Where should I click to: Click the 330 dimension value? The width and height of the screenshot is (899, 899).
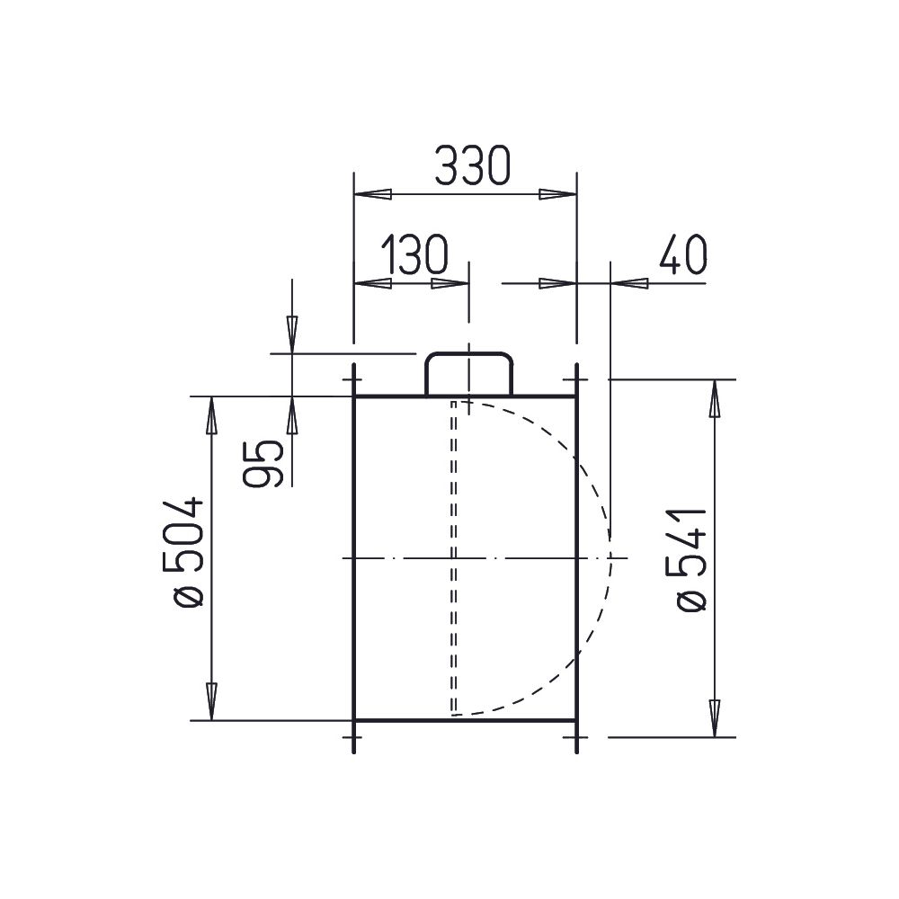[x=473, y=165]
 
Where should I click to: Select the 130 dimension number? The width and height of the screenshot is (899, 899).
[x=414, y=254]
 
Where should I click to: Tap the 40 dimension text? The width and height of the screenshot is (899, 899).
[x=683, y=254]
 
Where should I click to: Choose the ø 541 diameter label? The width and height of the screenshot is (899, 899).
[x=692, y=560]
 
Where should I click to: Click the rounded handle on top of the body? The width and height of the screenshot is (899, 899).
[x=468, y=374]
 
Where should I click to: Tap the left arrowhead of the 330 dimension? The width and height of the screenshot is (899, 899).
[x=373, y=194]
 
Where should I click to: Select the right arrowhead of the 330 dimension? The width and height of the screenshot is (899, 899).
[x=557, y=194]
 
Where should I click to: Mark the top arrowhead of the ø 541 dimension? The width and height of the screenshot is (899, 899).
[x=715, y=398]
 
